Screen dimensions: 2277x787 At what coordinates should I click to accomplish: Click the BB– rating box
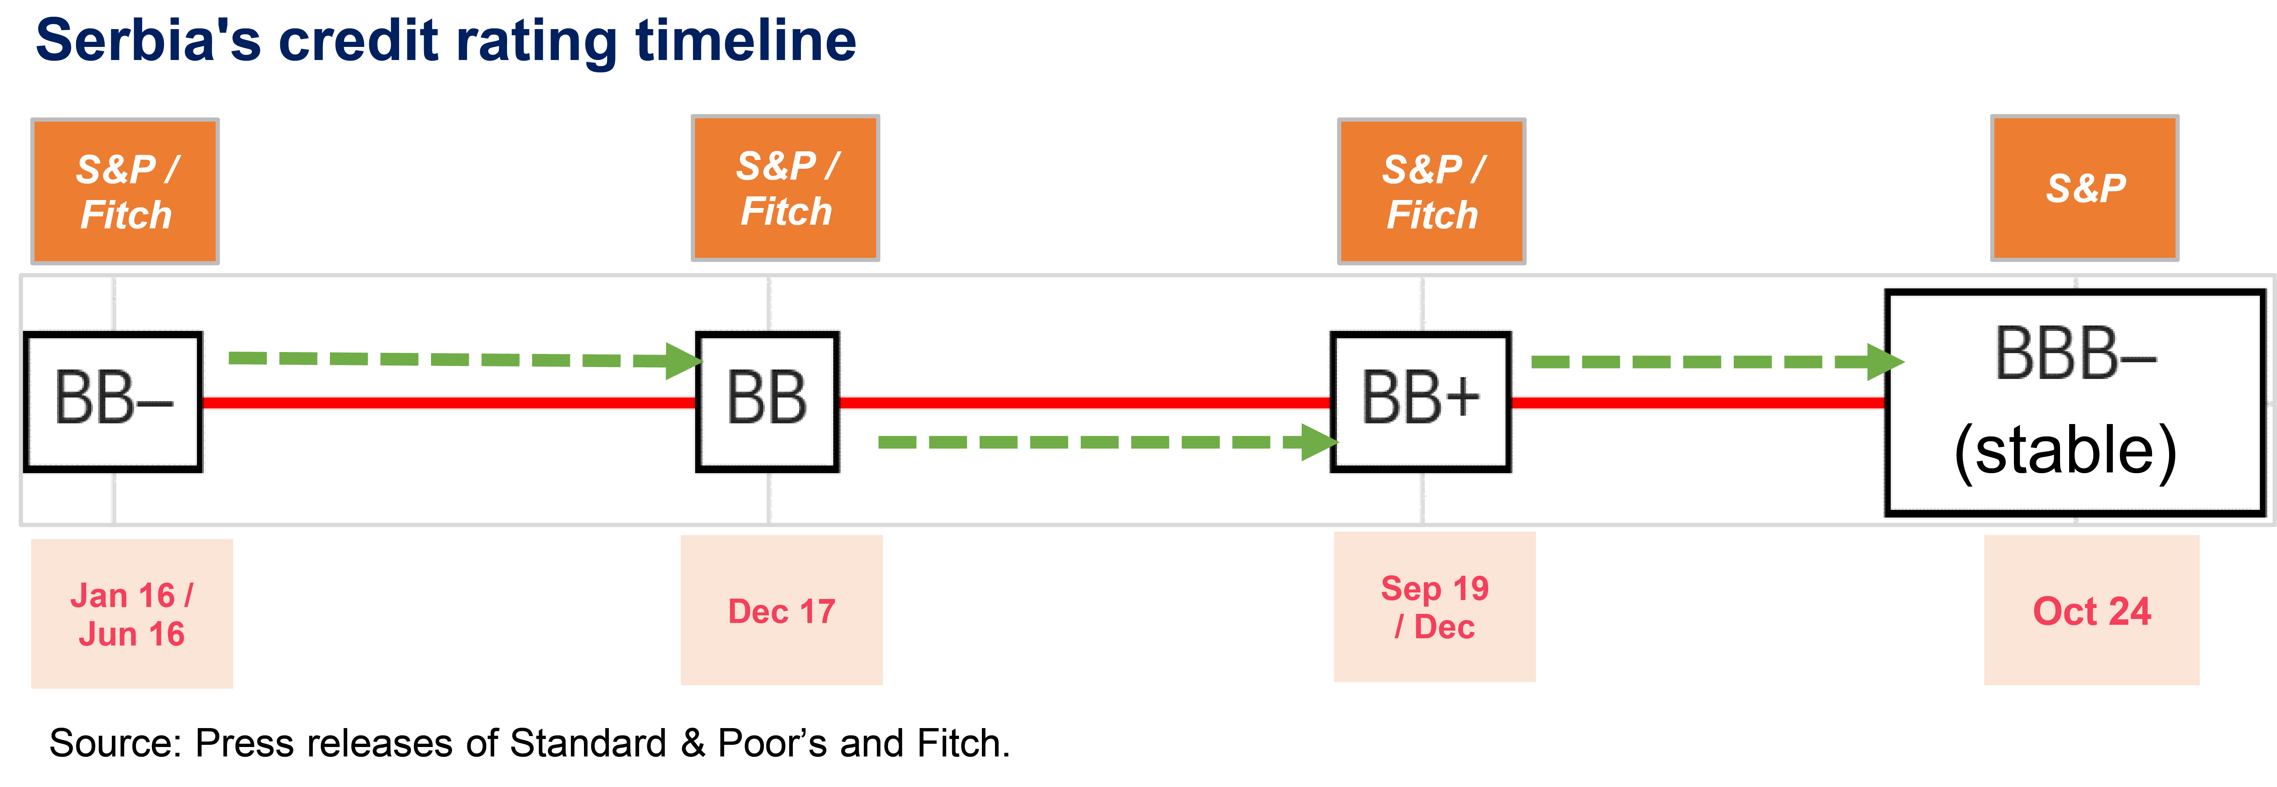tap(113, 402)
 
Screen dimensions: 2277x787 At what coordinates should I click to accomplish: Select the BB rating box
tap(767, 402)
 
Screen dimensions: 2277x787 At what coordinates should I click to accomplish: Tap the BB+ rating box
tap(1420, 402)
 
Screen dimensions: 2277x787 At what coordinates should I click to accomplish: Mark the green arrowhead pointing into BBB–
tap(1885, 361)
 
